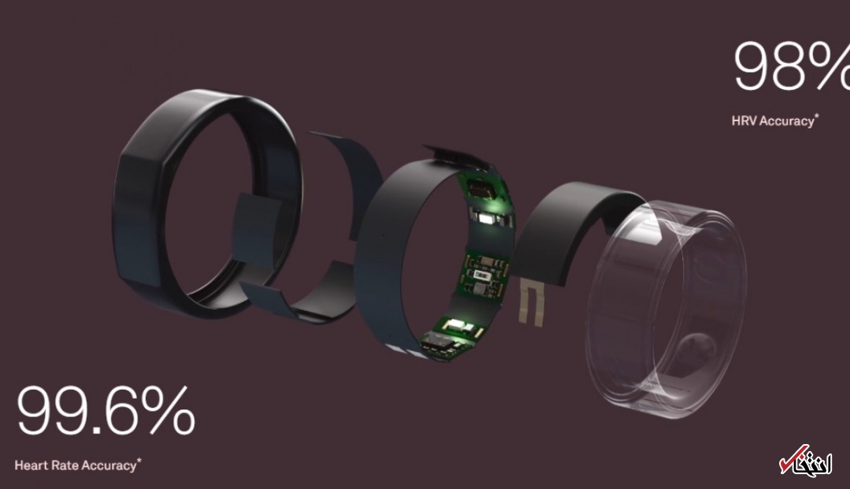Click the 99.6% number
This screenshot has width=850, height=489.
[105, 409]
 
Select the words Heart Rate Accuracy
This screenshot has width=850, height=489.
[76, 465]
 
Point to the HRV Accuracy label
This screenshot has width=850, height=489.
[773, 120]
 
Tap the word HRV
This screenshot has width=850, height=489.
[744, 120]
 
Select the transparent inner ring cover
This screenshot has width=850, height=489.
[667, 309]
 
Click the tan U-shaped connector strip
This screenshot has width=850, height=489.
[530, 302]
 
